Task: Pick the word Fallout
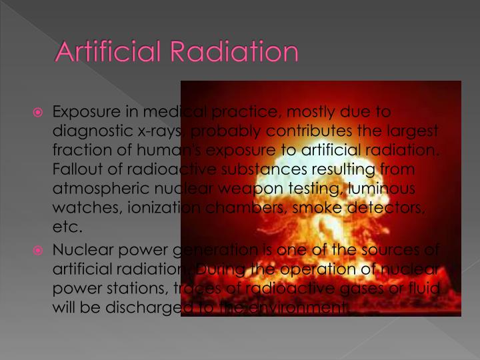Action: point(75,170)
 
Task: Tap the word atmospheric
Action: point(99,189)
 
